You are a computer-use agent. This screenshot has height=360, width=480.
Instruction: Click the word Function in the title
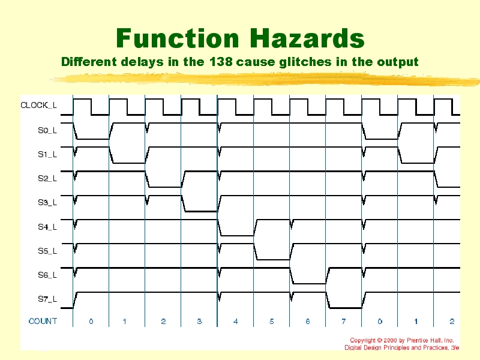coord(178,38)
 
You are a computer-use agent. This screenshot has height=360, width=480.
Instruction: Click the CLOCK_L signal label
coord(38,106)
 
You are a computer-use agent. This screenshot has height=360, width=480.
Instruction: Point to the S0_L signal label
coord(47,130)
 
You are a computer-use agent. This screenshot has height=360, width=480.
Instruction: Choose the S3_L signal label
coord(47,203)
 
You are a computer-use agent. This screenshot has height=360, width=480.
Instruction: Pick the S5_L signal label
coord(47,251)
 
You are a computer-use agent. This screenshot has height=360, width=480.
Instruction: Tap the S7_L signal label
coord(47,299)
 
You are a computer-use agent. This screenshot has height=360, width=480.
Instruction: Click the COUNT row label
coord(43,321)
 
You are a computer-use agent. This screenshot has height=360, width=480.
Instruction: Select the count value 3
coord(199,322)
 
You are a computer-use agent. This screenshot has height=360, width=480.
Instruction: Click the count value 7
coord(344,322)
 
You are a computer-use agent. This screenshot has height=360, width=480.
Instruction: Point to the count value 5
coord(272,322)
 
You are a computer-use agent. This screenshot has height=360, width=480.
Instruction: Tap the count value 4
coord(235,322)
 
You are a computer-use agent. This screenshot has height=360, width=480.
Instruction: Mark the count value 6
coord(308,322)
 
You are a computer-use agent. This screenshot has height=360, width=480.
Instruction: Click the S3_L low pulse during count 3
coord(200,211)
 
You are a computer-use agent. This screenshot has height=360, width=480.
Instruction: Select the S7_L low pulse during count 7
coord(344,308)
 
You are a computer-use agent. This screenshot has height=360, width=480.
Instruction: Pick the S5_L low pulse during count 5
coord(272,259)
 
